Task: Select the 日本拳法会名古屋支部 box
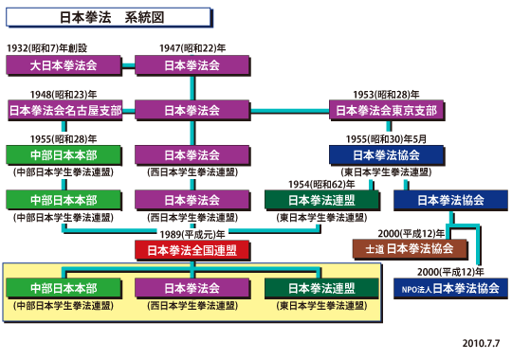[x=65, y=111]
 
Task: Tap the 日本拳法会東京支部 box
[x=386, y=111]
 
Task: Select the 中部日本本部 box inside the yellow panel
[x=65, y=288]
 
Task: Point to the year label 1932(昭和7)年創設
[x=47, y=47]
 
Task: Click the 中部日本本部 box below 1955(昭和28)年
[x=65, y=154]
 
